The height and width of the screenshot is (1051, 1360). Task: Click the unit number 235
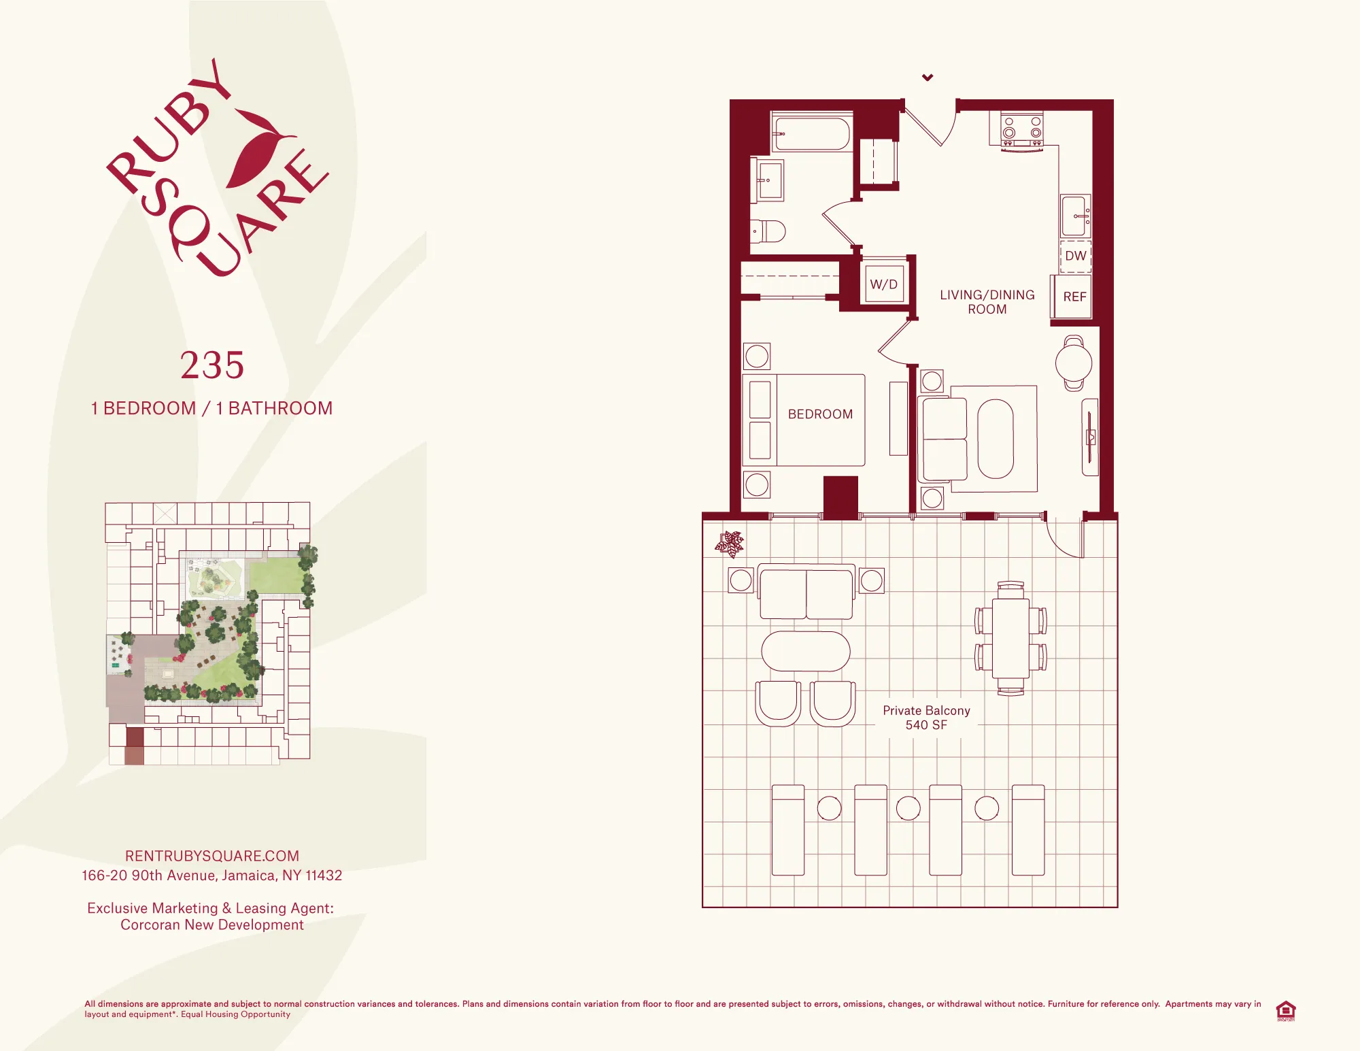pyautogui.click(x=212, y=365)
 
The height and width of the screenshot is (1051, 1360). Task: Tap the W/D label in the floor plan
pyautogui.click(x=883, y=284)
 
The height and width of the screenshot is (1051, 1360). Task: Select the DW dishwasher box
pyautogui.click(x=1075, y=256)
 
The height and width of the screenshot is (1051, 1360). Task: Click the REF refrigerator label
pyautogui.click(x=1074, y=297)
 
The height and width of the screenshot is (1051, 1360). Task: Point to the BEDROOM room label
pyautogui.click(x=820, y=414)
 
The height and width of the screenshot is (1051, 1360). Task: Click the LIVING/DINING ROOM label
pyautogui.click(x=987, y=302)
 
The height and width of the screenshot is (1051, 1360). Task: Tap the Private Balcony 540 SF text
pyautogui.click(x=926, y=718)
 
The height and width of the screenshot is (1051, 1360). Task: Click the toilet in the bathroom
pyautogui.click(x=768, y=231)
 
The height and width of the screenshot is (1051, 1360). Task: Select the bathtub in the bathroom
pyautogui.click(x=811, y=134)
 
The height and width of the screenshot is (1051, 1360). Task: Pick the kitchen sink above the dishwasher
pyautogui.click(x=1075, y=216)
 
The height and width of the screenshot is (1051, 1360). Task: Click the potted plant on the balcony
pyautogui.click(x=730, y=544)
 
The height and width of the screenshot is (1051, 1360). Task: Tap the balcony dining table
pyautogui.click(x=1010, y=638)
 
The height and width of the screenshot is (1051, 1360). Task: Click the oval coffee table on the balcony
pyautogui.click(x=806, y=651)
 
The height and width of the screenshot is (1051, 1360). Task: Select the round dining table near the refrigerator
pyautogui.click(x=1074, y=363)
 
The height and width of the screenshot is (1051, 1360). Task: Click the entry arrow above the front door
pyautogui.click(x=928, y=78)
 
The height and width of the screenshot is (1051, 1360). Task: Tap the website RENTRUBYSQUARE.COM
pyautogui.click(x=212, y=856)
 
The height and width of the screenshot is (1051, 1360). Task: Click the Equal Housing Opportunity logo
pyautogui.click(x=1285, y=1010)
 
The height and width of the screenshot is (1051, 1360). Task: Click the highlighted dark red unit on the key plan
pyautogui.click(x=135, y=739)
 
